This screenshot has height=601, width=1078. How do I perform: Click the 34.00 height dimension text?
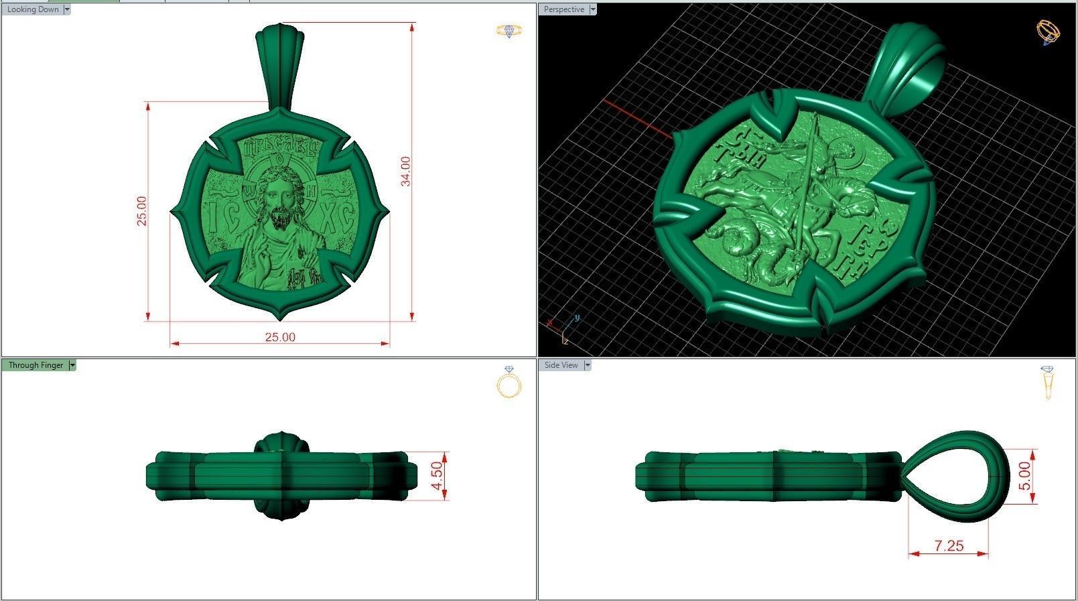[x=406, y=171]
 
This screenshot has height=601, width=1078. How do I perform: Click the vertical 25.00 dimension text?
[x=142, y=211]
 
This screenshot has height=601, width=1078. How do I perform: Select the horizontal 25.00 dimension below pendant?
[x=280, y=337]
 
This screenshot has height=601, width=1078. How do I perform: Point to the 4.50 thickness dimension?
[x=437, y=475]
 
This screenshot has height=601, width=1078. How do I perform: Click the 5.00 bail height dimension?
[x=1025, y=476]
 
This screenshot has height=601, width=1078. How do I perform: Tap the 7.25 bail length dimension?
[x=949, y=546]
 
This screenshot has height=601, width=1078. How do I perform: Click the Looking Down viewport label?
[x=33, y=9]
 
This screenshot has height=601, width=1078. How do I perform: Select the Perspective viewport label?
[x=563, y=9]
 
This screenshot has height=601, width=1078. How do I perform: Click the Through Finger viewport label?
[x=36, y=365]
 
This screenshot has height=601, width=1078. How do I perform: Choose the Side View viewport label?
[x=561, y=365]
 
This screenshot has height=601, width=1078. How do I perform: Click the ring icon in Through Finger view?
[x=509, y=383]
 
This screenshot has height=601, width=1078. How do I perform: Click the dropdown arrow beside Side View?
[x=588, y=365]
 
